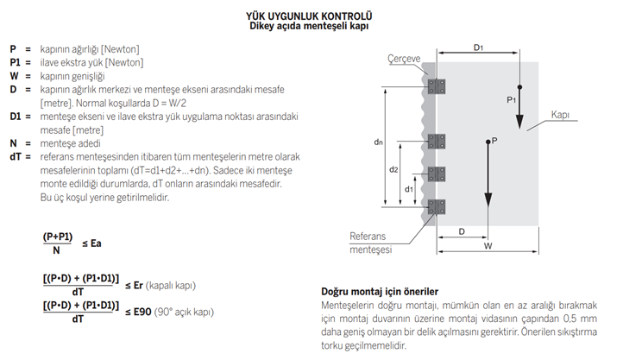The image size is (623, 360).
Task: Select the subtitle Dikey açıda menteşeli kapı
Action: [312, 27]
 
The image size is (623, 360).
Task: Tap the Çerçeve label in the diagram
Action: [403, 58]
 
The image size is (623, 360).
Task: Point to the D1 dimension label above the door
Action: [478, 47]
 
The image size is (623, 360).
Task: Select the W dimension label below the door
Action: [489, 246]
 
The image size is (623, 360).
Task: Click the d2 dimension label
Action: [393, 170]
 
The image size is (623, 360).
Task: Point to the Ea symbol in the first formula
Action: [96, 243]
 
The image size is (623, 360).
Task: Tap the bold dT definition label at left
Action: [15, 156]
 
